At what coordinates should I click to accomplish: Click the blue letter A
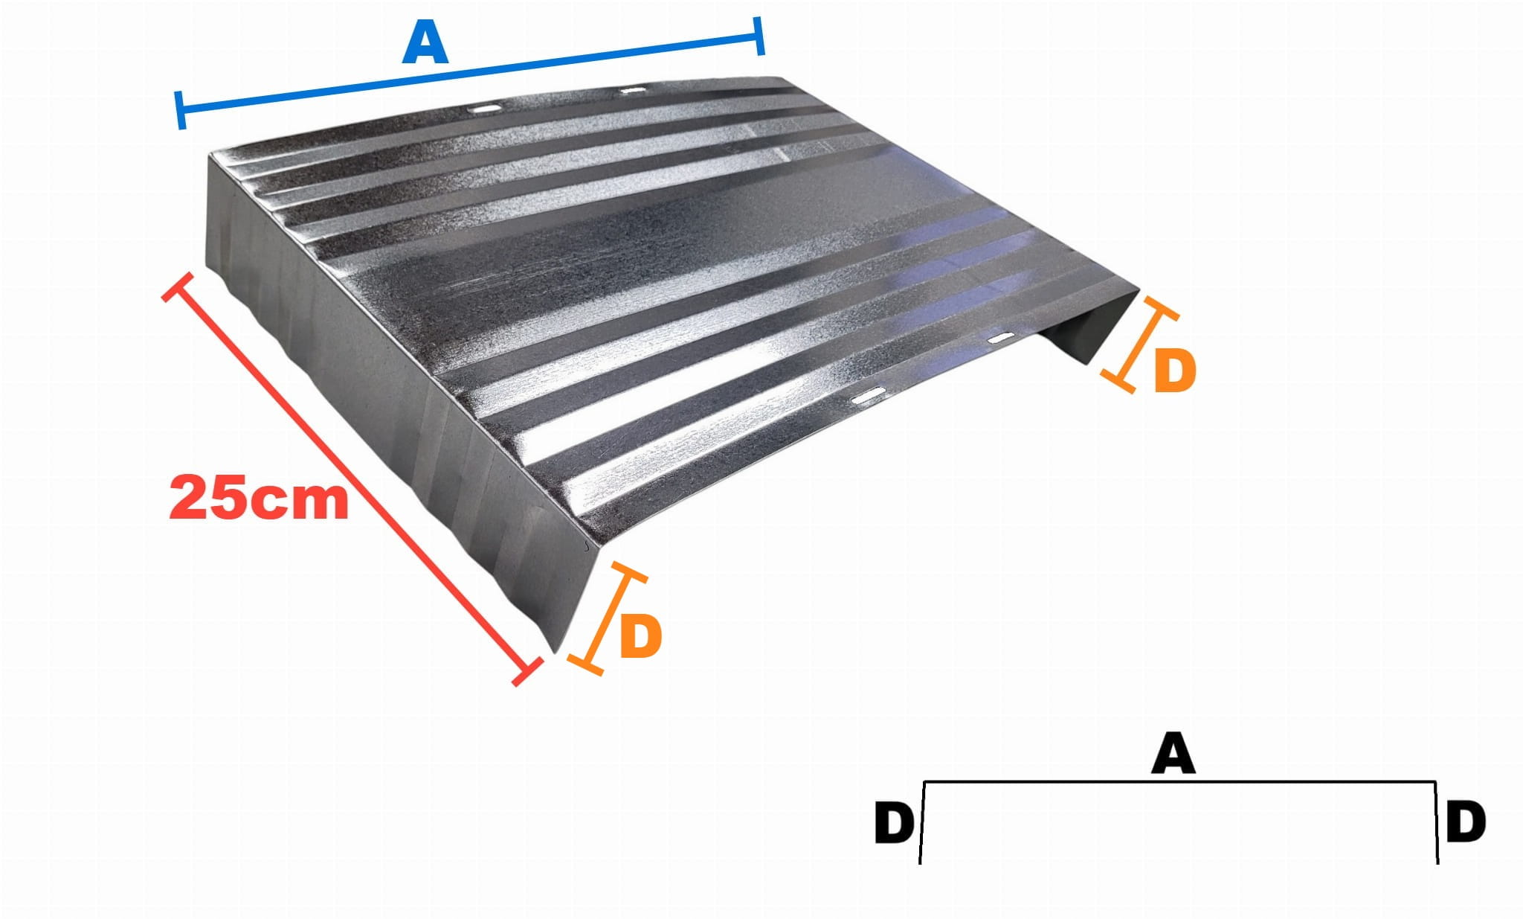425,44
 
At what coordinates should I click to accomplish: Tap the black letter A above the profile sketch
1173,753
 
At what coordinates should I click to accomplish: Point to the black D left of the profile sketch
894,823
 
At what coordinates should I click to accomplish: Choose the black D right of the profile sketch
1466,822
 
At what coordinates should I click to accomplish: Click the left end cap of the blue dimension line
180,111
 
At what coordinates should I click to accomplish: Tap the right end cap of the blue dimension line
759,35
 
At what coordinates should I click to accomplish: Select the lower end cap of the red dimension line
527,672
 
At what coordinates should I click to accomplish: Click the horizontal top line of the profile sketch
1179,782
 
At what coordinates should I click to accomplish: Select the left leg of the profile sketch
922,823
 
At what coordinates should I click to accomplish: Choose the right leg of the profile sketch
1436,823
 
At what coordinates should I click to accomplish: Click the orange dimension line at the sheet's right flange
1140,345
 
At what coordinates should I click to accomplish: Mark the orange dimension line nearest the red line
607,618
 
